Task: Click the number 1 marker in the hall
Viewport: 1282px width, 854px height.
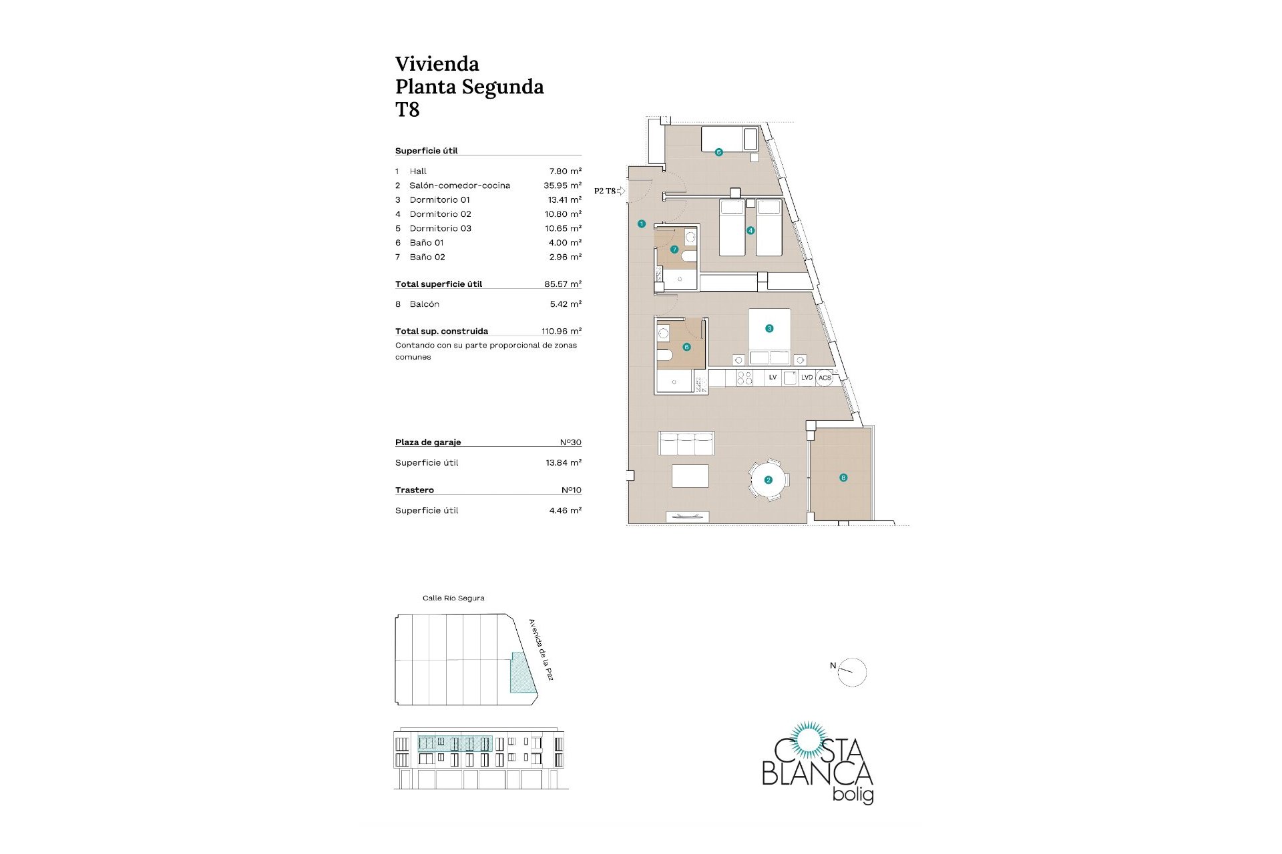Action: click(x=642, y=224)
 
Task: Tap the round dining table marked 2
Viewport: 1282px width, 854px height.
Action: click(x=769, y=480)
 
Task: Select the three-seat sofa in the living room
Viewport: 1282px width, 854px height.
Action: click(x=686, y=443)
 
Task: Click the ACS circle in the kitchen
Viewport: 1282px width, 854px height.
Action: click(x=825, y=378)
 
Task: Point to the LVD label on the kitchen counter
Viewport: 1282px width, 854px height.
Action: click(x=807, y=378)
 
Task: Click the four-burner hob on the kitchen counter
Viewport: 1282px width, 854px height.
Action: click(x=744, y=378)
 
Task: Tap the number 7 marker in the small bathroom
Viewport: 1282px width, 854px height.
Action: click(x=674, y=250)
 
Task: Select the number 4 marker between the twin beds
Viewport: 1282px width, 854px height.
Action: click(x=751, y=231)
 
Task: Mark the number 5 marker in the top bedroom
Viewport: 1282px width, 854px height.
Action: click(x=719, y=152)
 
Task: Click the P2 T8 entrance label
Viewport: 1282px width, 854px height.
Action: click(x=605, y=191)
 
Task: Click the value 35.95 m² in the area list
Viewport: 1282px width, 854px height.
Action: click(x=563, y=185)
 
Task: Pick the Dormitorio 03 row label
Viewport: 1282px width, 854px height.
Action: click(x=441, y=228)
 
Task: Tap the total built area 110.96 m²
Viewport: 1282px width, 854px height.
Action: click(x=562, y=331)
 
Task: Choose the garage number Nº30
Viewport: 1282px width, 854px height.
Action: click(x=571, y=442)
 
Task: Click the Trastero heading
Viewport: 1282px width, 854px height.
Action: click(x=415, y=490)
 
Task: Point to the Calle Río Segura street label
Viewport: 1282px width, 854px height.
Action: click(x=453, y=598)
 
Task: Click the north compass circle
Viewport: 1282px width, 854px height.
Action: click(x=852, y=673)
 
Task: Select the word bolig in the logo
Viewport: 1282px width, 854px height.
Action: click(x=854, y=795)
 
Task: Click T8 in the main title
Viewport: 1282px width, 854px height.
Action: click(x=407, y=109)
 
